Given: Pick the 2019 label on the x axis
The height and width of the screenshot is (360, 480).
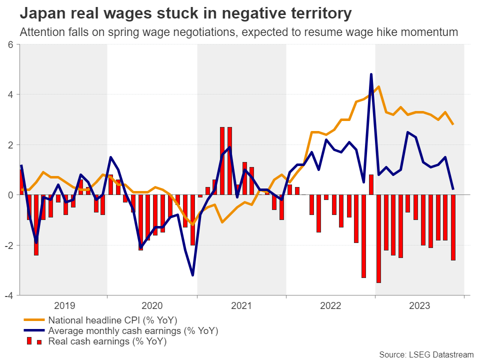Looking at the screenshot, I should click(64, 304).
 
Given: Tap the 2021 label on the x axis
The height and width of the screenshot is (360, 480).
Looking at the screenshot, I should click(242, 304).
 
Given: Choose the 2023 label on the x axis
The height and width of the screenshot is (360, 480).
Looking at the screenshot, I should click(419, 304).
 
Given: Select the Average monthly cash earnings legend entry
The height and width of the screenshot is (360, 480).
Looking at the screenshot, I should click(133, 330).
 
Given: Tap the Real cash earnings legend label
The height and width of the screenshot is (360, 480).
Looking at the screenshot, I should click(107, 341).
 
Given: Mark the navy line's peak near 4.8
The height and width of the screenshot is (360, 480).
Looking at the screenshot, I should click(371, 74).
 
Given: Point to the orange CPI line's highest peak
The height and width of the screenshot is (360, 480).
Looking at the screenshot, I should click(378, 87).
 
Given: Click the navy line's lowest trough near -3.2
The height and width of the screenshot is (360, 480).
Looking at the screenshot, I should click(193, 274).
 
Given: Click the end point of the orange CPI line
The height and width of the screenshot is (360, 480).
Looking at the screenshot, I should click(453, 124).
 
